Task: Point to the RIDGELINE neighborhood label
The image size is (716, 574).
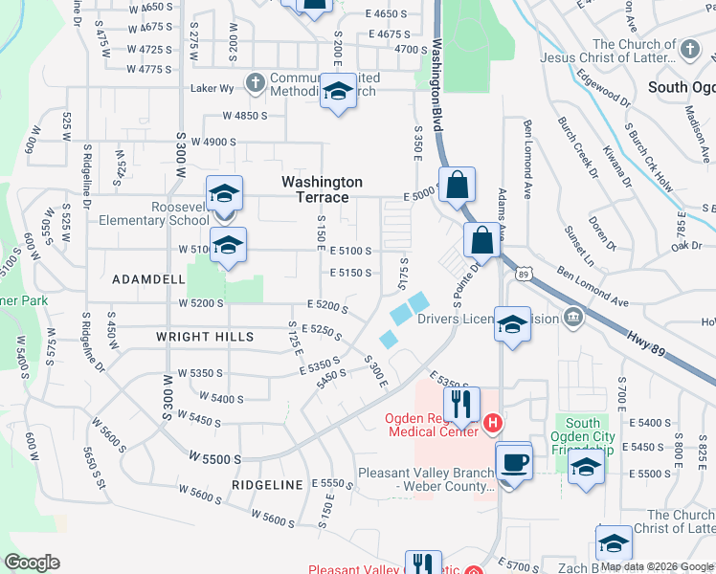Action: [266, 485]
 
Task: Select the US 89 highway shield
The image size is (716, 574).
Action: [523, 275]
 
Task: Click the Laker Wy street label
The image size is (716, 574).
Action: [212, 89]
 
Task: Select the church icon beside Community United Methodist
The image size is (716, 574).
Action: [255, 83]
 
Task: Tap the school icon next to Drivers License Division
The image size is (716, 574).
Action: [513, 324]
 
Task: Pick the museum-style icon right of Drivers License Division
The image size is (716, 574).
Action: [572, 317]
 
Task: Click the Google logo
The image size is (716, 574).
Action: [33, 563]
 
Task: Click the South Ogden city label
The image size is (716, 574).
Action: [681, 87]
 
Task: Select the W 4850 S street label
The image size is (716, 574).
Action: [244, 116]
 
